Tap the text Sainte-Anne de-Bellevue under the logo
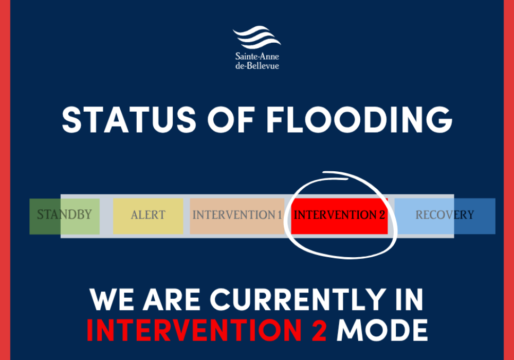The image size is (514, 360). tap(257, 61)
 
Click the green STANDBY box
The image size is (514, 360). tap(64, 216)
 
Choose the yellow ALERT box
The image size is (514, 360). tap(148, 216)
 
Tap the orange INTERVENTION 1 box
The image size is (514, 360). tap(237, 216)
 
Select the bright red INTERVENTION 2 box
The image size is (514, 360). tap(339, 216)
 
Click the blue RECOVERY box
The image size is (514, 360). tap(445, 216)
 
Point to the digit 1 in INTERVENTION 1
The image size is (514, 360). tap(279, 215)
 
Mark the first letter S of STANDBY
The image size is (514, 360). tap(41, 214)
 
